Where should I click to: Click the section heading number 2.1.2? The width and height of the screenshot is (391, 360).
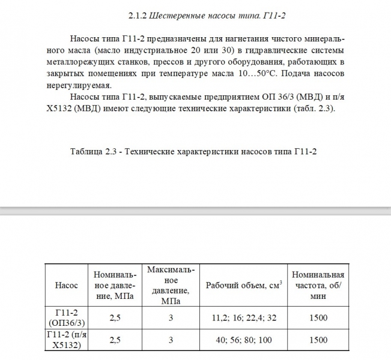pos(139,14)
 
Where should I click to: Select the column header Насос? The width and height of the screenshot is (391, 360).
pos(67,285)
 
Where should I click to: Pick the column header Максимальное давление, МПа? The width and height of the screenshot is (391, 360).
pos(171,285)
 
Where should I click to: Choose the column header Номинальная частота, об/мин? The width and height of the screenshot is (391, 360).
pos(318,285)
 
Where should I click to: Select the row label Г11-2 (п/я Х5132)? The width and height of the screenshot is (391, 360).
pos(67,340)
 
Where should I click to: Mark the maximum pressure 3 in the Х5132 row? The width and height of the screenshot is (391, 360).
pos(171,340)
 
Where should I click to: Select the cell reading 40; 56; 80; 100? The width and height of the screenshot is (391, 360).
pos(243,340)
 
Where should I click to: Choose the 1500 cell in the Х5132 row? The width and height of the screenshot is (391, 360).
pos(318,340)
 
